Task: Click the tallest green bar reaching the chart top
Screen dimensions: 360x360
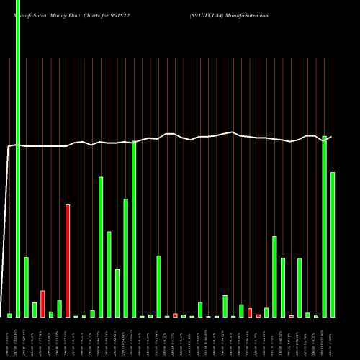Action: (18, 158)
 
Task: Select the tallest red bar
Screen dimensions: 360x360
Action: (68, 261)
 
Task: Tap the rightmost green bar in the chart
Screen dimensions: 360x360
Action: (333, 245)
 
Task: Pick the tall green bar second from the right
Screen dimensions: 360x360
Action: (325, 226)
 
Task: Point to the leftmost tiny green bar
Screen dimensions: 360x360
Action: (9, 315)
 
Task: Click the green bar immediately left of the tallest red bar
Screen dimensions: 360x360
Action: (59, 308)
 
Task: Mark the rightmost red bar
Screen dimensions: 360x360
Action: (292, 316)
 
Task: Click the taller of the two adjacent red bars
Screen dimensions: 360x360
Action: (250, 312)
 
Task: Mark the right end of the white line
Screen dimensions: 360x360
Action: (332, 136)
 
